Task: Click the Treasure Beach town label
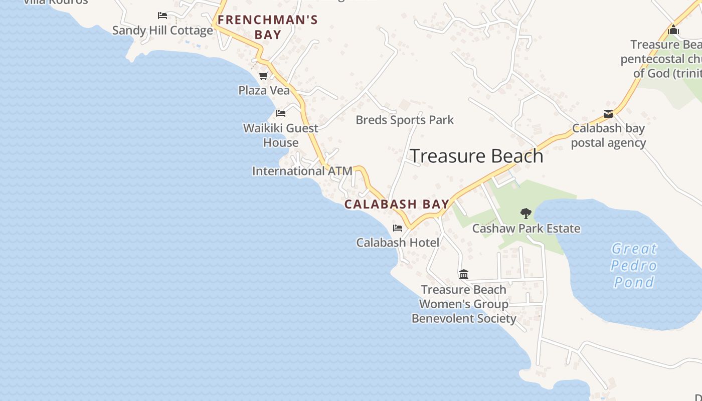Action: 476,156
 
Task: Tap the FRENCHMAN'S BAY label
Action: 268,27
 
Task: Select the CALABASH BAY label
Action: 397,205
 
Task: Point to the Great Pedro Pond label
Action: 634,265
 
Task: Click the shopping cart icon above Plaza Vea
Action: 263,76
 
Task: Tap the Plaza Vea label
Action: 264,90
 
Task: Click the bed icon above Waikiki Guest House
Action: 281,113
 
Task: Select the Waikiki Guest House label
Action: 281,135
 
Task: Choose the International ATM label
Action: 302,171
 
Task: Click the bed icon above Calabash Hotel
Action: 398,228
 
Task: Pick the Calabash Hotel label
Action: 398,243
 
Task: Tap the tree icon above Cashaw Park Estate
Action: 525,214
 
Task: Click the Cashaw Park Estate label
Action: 526,229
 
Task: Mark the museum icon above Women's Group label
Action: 464,275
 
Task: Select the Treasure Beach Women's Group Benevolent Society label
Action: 464,304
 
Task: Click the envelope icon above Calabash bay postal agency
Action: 608,114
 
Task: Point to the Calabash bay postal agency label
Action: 608,135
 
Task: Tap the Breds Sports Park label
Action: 404,120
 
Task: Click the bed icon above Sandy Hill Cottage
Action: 162,16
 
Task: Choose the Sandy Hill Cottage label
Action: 162,30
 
